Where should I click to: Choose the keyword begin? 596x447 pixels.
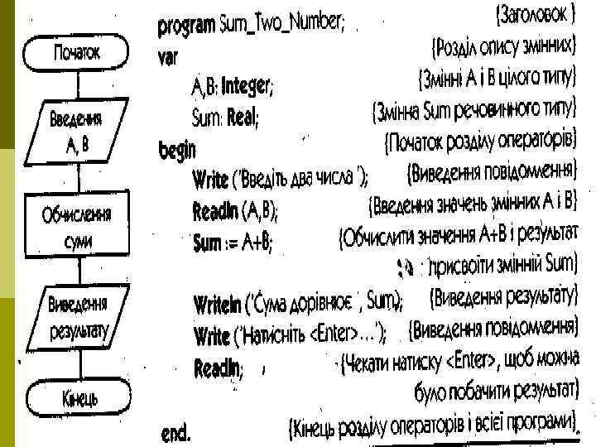[x=177, y=150]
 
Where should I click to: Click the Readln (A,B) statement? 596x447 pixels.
[x=236, y=209]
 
